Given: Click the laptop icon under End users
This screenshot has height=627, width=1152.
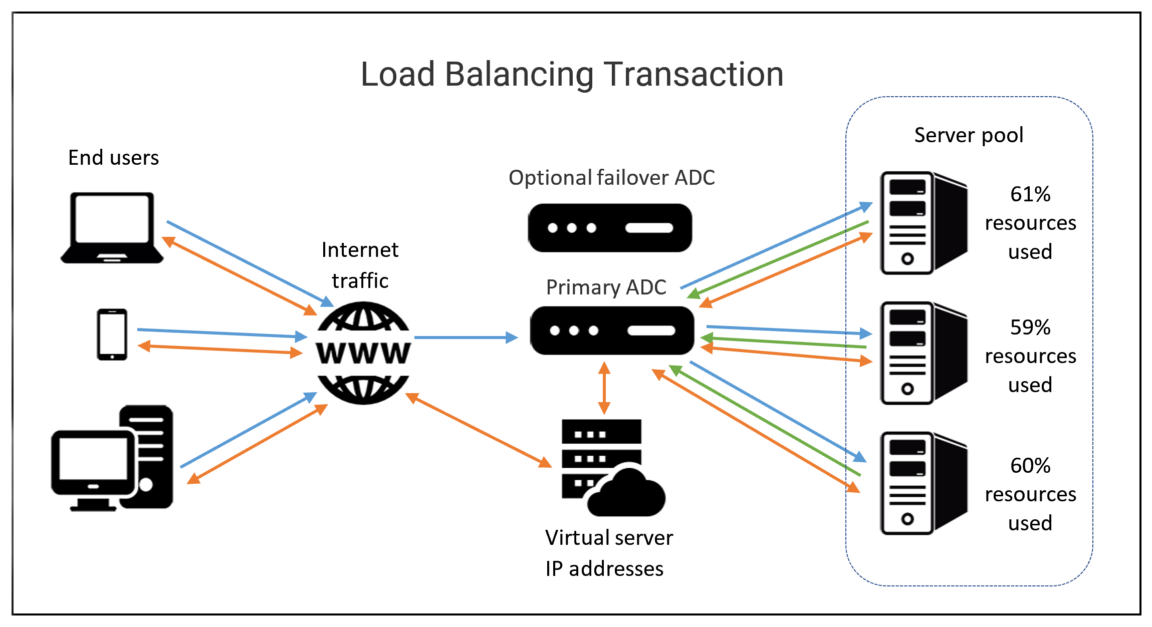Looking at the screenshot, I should click(112, 227).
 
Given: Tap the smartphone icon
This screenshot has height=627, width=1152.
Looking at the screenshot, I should click(112, 334).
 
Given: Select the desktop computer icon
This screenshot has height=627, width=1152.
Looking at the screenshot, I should click(112, 458).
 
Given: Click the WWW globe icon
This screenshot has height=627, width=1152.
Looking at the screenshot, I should click(363, 353).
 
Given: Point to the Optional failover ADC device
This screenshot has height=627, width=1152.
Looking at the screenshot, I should click(610, 228).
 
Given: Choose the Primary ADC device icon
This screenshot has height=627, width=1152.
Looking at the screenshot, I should click(612, 331).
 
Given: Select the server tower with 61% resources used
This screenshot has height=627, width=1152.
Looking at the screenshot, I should click(923, 223).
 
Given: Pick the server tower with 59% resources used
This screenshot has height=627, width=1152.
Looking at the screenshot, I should click(923, 353).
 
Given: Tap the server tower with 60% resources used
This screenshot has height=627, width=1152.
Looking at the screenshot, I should click(923, 483).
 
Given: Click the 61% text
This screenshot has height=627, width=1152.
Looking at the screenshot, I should click(1030, 194).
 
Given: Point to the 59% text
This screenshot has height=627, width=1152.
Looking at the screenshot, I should click(1030, 328).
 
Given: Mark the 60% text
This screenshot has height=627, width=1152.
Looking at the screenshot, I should click(1030, 466).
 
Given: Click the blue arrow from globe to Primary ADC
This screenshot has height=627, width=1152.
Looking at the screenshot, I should click(466, 338).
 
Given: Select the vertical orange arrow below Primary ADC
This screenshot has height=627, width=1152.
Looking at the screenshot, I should click(604, 388).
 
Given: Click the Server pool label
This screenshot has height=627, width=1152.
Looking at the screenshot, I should click(969, 135).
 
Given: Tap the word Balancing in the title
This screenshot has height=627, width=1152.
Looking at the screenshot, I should click(519, 75).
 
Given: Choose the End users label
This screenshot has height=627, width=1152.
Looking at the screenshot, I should click(113, 158).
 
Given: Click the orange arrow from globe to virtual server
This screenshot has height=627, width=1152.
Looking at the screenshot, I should click(478, 430).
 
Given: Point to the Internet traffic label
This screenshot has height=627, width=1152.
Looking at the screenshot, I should click(360, 265).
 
